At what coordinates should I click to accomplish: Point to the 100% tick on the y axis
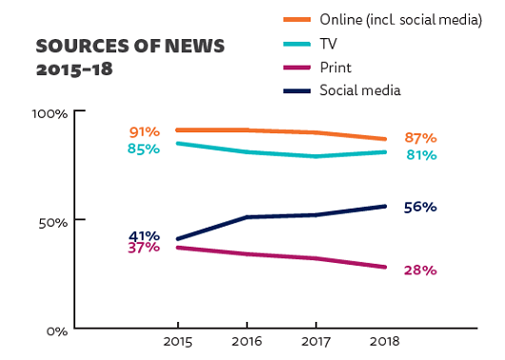[50, 113]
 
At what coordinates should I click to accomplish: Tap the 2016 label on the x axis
[246, 340]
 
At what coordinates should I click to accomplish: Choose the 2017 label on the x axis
[315, 340]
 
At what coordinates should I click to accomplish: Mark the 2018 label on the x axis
[385, 340]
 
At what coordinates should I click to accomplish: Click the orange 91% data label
[144, 131]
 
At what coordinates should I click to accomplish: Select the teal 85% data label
[143, 149]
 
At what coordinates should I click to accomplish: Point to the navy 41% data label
[144, 235]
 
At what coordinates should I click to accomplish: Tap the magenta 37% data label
[144, 249]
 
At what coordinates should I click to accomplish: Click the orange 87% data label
[419, 138]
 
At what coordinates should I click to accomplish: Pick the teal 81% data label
[419, 154]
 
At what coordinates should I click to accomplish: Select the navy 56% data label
[419, 207]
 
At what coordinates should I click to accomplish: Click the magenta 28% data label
[419, 270]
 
